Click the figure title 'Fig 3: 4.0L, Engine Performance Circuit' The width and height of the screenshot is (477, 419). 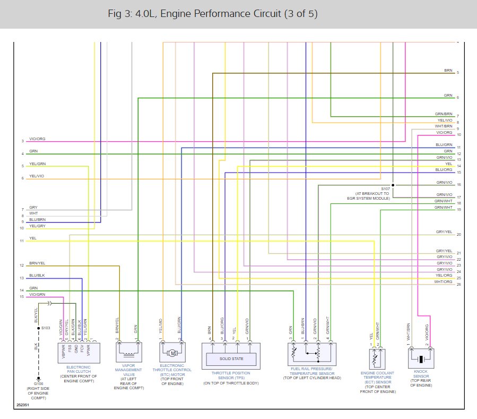click(213, 14)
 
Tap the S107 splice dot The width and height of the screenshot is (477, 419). click(393, 185)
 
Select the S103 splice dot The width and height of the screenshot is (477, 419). click(38, 328)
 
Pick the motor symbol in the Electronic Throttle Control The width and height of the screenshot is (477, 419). click(172, 353)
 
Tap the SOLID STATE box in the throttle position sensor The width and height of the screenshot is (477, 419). click(231, 359)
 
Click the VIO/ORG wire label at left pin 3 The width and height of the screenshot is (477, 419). click(37, 139)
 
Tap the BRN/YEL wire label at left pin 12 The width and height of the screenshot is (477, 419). click(37, 263)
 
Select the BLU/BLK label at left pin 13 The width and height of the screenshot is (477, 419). click(37, 276)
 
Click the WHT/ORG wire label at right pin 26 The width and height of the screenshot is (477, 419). click(443, 282)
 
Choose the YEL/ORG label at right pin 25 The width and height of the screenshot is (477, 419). click(444, 276)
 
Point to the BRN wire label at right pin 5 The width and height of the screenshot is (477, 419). click(448, 70)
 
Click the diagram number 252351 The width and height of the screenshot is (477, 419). click(22, 405)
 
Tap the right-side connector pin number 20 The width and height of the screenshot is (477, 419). click(458, 234)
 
